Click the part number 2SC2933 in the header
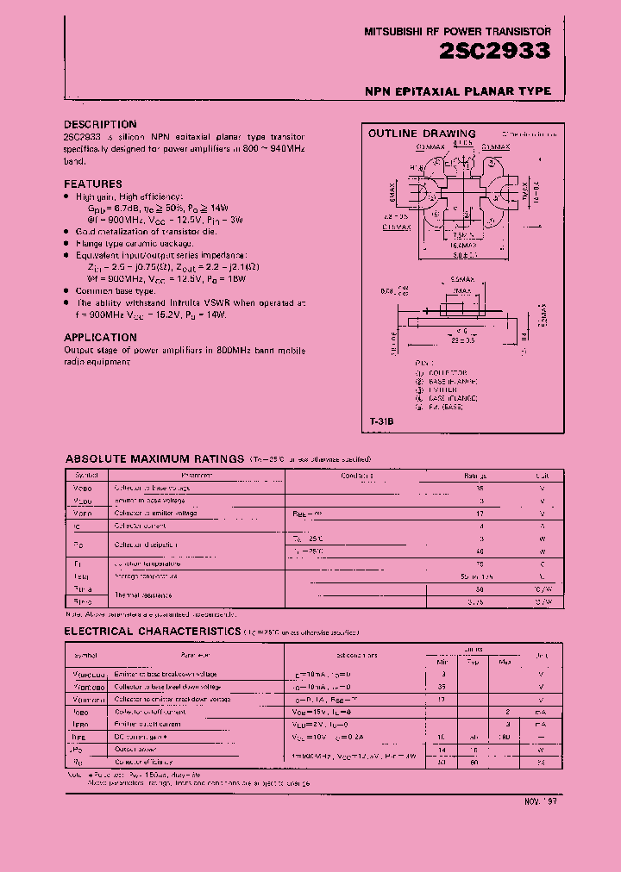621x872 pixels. pos(495,52)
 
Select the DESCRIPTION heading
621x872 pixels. pos(100,124)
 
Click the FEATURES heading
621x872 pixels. pos(93,184)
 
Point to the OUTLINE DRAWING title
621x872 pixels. pos(422,134)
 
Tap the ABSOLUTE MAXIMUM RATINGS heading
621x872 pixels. pos(154,459)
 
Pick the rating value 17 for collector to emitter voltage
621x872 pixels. pos(479,513)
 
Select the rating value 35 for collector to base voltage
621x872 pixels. pos(479,488)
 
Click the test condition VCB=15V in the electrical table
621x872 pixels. pos(312,712)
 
